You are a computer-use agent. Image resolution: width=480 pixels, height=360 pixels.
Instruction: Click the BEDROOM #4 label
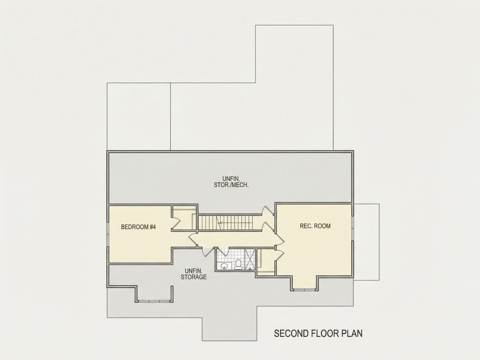(x=138, y=227)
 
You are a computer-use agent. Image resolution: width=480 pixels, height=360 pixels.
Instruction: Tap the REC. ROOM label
(x=315, y=226)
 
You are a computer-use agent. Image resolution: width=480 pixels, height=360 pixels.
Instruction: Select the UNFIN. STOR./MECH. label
(x=231, y=182)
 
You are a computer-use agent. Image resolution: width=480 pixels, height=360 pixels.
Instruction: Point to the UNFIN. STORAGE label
(x=193, y=274)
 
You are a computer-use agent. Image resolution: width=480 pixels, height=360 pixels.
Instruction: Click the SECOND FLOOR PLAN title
(x=318, y=333)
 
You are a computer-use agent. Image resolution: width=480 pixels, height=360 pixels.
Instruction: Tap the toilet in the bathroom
(x=238, y=264)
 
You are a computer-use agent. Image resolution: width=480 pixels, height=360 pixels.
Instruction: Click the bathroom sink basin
(x=224, y=266)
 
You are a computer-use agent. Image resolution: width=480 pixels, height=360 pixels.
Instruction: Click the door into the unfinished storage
(x=207, y=251)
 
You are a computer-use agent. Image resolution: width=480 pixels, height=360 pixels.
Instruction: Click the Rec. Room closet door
(x=279, y=255)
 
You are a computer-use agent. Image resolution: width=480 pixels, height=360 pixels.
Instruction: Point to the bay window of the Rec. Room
(x=305, y=289)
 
